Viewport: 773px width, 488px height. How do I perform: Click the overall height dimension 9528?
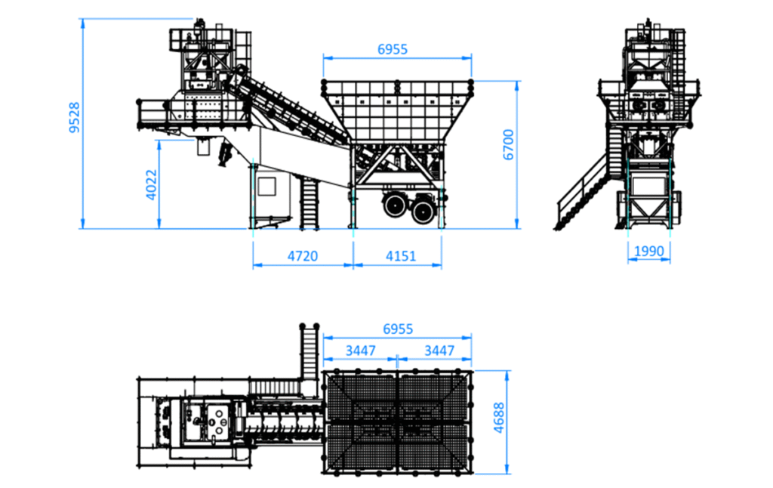75,118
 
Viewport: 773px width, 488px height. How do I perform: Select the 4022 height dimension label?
151,185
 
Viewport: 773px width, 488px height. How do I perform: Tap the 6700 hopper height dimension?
508,144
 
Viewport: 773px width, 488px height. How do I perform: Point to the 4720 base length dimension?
303,256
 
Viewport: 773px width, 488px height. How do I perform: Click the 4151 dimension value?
401,256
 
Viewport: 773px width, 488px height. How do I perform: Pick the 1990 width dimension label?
648,251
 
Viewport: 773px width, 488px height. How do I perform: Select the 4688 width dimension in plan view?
499,418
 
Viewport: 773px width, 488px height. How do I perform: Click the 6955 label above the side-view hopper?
393,49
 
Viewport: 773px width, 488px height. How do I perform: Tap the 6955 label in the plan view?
398,329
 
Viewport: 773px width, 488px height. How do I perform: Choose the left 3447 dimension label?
360,351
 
